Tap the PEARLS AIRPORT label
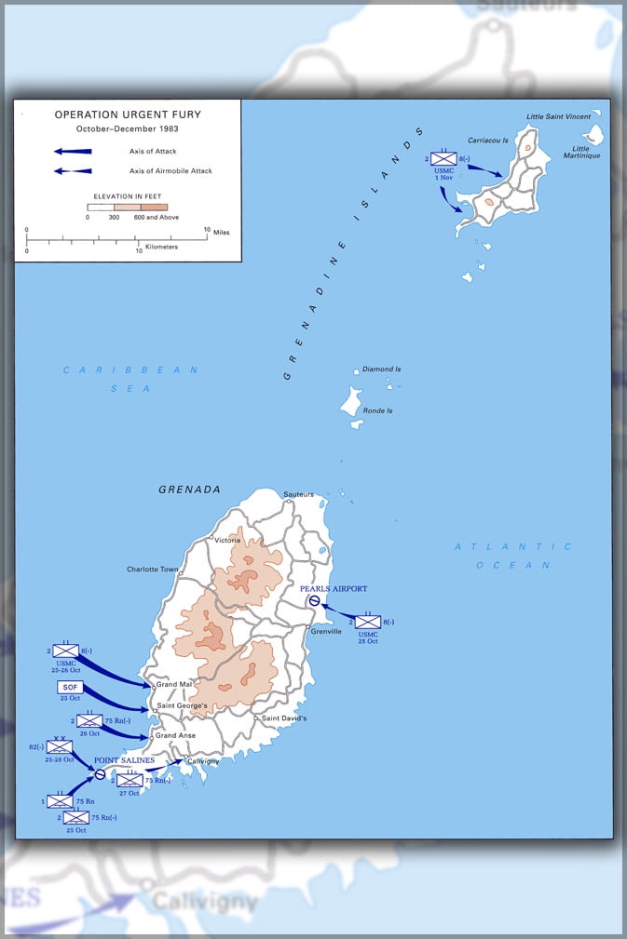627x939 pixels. point(334,589)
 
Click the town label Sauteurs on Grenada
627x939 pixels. point(298,494)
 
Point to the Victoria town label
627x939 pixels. point(227,540)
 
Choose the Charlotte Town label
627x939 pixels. point(153,570)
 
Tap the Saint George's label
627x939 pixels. point(182,705)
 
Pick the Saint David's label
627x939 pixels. point(283,718)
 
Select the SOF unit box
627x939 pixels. point(70,687)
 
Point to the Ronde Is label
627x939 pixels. point(377,410)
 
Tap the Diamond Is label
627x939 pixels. point(381,369)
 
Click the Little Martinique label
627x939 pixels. point(586,151)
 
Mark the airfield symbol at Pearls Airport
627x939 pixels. point(315,601)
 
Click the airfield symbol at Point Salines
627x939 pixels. point(100,774)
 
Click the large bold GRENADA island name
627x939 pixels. point(189,490)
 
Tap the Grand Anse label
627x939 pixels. point(174,735)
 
